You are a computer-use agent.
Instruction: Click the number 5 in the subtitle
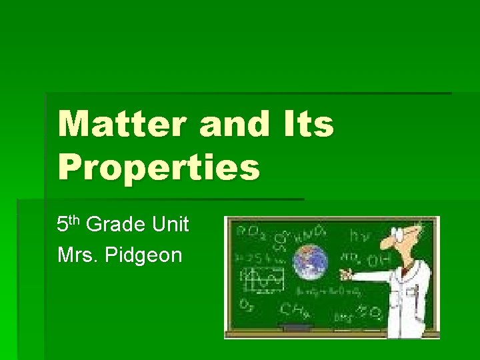coord(62,225)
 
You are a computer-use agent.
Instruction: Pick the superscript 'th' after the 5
coord(75,220)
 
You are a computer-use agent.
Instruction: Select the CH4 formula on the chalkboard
coord(293,310)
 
